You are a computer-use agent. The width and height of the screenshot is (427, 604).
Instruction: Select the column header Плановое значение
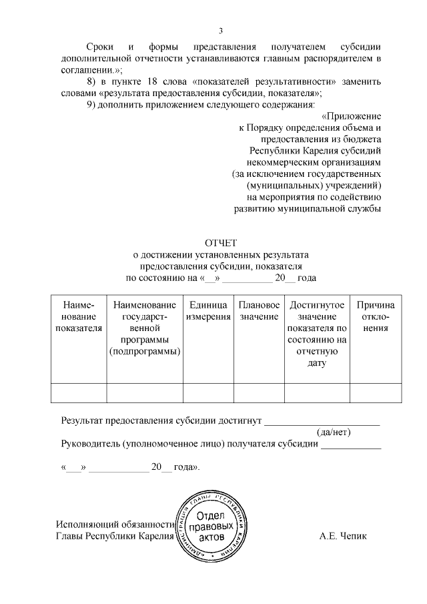(x=259, y=310)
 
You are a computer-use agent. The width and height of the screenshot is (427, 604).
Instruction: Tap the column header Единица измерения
(x=208, y=310)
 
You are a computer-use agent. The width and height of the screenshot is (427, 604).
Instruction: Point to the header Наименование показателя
(x=78, y=316)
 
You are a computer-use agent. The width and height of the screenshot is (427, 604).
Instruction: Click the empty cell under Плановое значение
(x=259, y=393)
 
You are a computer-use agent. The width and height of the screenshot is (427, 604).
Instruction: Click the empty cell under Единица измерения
(x=208, y=393)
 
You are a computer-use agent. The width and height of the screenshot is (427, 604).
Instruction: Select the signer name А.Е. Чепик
(x=343, y=536)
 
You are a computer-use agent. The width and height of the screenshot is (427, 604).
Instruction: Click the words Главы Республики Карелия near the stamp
(x=114, y=536)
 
